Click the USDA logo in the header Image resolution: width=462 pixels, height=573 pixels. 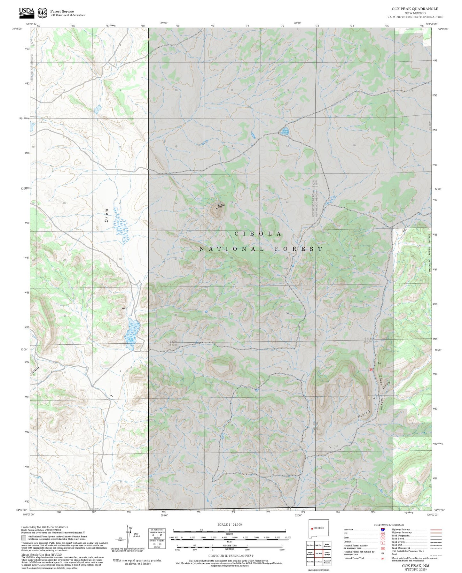click(x=27, y=12)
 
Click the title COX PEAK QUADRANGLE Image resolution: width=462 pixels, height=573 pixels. click(x=415, y=9)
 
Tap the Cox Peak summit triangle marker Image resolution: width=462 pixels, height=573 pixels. click(x=217, y=208)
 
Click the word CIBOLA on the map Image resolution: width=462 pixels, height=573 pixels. click(x=258, y=234)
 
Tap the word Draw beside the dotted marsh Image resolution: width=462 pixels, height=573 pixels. click(x=106, y=215)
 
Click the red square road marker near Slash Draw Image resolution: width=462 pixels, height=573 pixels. click(x=371, y=370)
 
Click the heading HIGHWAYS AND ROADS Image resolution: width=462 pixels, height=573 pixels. click(x=389, y=525)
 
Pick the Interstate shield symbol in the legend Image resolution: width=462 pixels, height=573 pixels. click(x=382, y=530)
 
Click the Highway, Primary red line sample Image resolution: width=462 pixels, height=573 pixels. click(x=436, y=530)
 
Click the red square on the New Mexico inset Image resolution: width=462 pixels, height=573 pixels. click(x=312, y=528)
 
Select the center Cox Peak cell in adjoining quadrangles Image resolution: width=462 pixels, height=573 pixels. click(x=318, y=554)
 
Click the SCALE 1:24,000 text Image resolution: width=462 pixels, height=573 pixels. click(x=229, y=524)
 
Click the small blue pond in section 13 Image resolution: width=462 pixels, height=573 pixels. click(x=285, y=131)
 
